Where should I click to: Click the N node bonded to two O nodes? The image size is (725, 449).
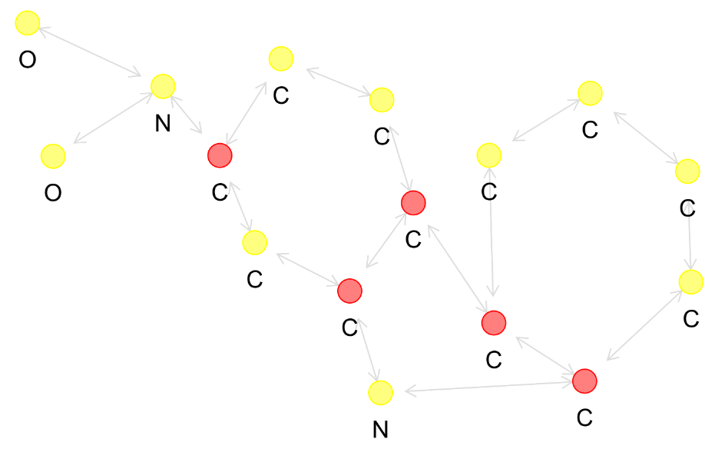click(x=163, y=87)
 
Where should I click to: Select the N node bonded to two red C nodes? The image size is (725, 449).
click(x=380, y=394)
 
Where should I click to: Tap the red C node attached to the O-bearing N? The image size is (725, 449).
click(x=220, y=155)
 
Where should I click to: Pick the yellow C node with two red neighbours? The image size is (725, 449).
click(x=255, y=243)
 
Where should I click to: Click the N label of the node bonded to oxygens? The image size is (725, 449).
click(x=163, y=123)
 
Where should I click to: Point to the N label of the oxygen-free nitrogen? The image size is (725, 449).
click(x=380, y=430)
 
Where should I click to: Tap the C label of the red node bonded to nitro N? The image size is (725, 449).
click(x=220, y=192)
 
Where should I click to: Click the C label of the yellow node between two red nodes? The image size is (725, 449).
click(x=255, y=279)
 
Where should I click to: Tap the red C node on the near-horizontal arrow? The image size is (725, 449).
click(x=584, y=381)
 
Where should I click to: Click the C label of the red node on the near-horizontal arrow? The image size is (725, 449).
click(x=584, y=417)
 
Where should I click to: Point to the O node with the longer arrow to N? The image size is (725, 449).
click(x=27, y=24)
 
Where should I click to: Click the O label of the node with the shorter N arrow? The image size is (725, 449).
click(x=52, y=193)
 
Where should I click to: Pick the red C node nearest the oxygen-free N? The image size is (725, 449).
click(x=349, y=291)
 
